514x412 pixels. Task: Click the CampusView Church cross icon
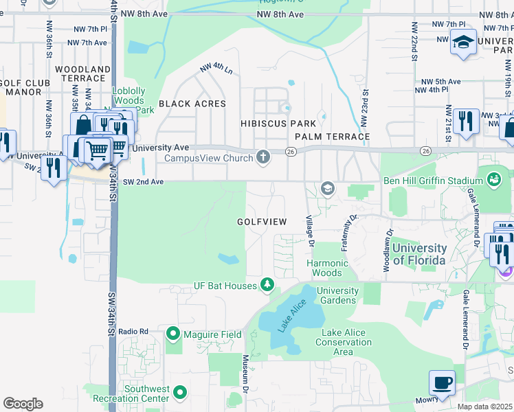pos(262,157)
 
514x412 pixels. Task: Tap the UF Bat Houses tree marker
pos(267,285)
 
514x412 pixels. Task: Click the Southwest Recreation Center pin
pos(180,393)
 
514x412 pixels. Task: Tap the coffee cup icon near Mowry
pos(442,382)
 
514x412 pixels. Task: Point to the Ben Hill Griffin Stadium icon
pos(493,180)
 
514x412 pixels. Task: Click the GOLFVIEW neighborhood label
pos(260,222)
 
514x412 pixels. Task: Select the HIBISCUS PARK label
pos(278,124)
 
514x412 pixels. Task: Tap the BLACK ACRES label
pos(192,104)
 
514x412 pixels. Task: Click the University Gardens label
pos(337,295)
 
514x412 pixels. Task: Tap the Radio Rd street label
pos(133,332)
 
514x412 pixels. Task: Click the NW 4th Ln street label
pos(216,69)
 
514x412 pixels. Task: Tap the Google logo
pos(23,404)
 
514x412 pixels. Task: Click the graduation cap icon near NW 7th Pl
pos(464,41)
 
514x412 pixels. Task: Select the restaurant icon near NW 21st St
pos(466,122)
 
